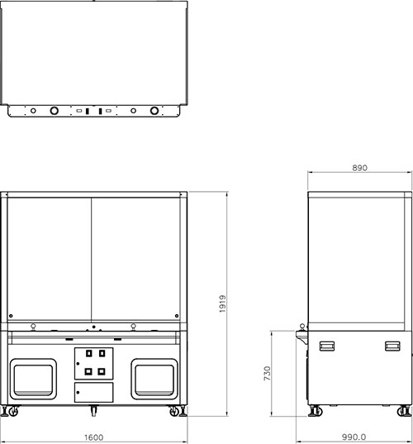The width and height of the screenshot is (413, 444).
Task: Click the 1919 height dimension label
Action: [x=223, y=303]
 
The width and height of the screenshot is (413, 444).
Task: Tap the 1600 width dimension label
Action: [x=94, y=437]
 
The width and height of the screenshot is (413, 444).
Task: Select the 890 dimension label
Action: [x=360, y=168]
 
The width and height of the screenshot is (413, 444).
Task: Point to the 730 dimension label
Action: [x=268, y=373]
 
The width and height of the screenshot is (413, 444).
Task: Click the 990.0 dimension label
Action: [x=354, y=437]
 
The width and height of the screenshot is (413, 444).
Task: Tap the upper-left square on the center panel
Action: [x=89, y=353]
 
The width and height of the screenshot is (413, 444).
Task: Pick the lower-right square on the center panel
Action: [x=102, y=371]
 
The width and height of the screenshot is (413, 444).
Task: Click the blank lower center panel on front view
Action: [x=94, y=392]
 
